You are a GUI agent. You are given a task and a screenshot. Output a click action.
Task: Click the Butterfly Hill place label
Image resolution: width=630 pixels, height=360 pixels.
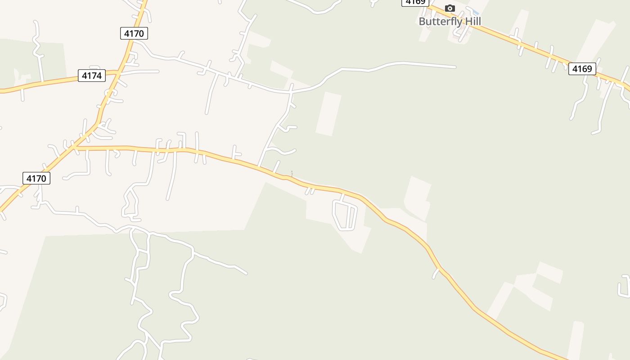tap(450, 21)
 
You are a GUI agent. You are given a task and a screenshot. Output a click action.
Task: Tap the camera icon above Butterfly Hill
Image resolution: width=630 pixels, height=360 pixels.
tap(450, 8)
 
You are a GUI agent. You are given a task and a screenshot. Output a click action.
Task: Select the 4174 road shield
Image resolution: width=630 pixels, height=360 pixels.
tap(92, 76)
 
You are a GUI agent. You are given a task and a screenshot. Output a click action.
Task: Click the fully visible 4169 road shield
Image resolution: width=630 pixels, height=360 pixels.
tap(582, 69)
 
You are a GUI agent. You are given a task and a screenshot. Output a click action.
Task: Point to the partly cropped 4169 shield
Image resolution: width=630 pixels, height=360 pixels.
tap(415, 2)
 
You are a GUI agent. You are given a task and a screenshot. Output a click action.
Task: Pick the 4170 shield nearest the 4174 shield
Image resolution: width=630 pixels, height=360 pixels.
tap(134, 33)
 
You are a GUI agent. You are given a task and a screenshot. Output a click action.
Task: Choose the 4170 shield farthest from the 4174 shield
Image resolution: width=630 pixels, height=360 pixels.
tap(36, 178)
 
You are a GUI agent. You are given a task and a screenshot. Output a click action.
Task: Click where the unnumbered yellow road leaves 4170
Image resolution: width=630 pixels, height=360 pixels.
tap(75, 147)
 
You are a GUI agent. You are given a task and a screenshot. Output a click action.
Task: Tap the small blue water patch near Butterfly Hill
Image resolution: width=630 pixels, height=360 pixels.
tap(475, 12)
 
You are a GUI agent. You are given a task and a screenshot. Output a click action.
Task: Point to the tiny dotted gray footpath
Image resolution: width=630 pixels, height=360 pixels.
tap(292, 174)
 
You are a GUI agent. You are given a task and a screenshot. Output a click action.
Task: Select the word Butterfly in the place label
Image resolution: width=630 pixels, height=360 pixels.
tap(438, 21)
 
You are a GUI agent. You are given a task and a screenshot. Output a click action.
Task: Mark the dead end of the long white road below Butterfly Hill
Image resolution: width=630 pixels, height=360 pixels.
tap(455, 67)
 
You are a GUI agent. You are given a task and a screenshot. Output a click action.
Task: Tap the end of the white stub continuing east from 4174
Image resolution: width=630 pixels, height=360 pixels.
tap(158, 71)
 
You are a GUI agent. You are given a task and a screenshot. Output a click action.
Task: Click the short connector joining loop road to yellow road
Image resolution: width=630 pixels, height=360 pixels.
tap(343, 197)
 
